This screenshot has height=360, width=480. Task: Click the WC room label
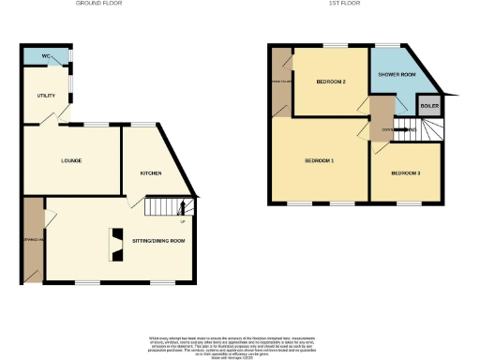[x=45, y=56]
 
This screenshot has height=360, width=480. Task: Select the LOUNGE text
[x=71, y=160]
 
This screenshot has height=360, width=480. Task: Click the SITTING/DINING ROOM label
[x=157, y=241]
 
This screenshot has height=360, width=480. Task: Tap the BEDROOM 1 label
[x=320, y=161]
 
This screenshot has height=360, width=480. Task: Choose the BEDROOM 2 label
[x=331, y=82]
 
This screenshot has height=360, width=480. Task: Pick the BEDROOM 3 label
[x=406, y=173]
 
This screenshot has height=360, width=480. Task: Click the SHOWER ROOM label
[x=397, y=74]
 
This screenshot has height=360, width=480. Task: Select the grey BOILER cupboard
[x=428, y=106]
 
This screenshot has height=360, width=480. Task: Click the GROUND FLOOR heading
[x=101, y=4]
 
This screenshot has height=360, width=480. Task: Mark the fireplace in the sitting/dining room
[x=117, y=245]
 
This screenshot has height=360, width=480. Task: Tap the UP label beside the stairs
[x=182, y=220]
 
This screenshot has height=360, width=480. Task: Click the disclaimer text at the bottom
[x=240, y=343]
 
